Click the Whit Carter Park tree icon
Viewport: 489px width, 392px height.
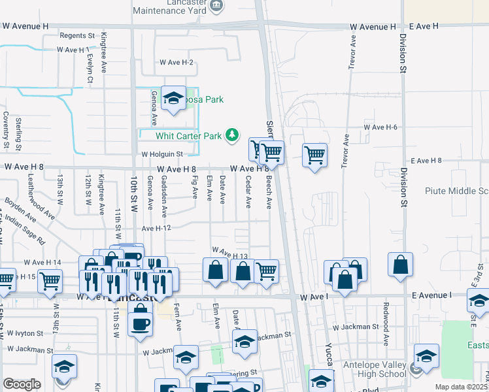pos(231,135)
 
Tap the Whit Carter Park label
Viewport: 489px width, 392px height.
pos(189,136)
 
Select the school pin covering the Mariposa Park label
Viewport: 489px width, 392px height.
pos(173,99)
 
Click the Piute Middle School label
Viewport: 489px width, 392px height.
pos(456,191)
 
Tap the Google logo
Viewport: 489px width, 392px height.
pos(22,384)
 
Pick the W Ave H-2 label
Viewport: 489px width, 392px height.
pos(177,63)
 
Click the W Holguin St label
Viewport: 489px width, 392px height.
pos(162,154)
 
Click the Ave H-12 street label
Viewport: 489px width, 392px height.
pos(156,228)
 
